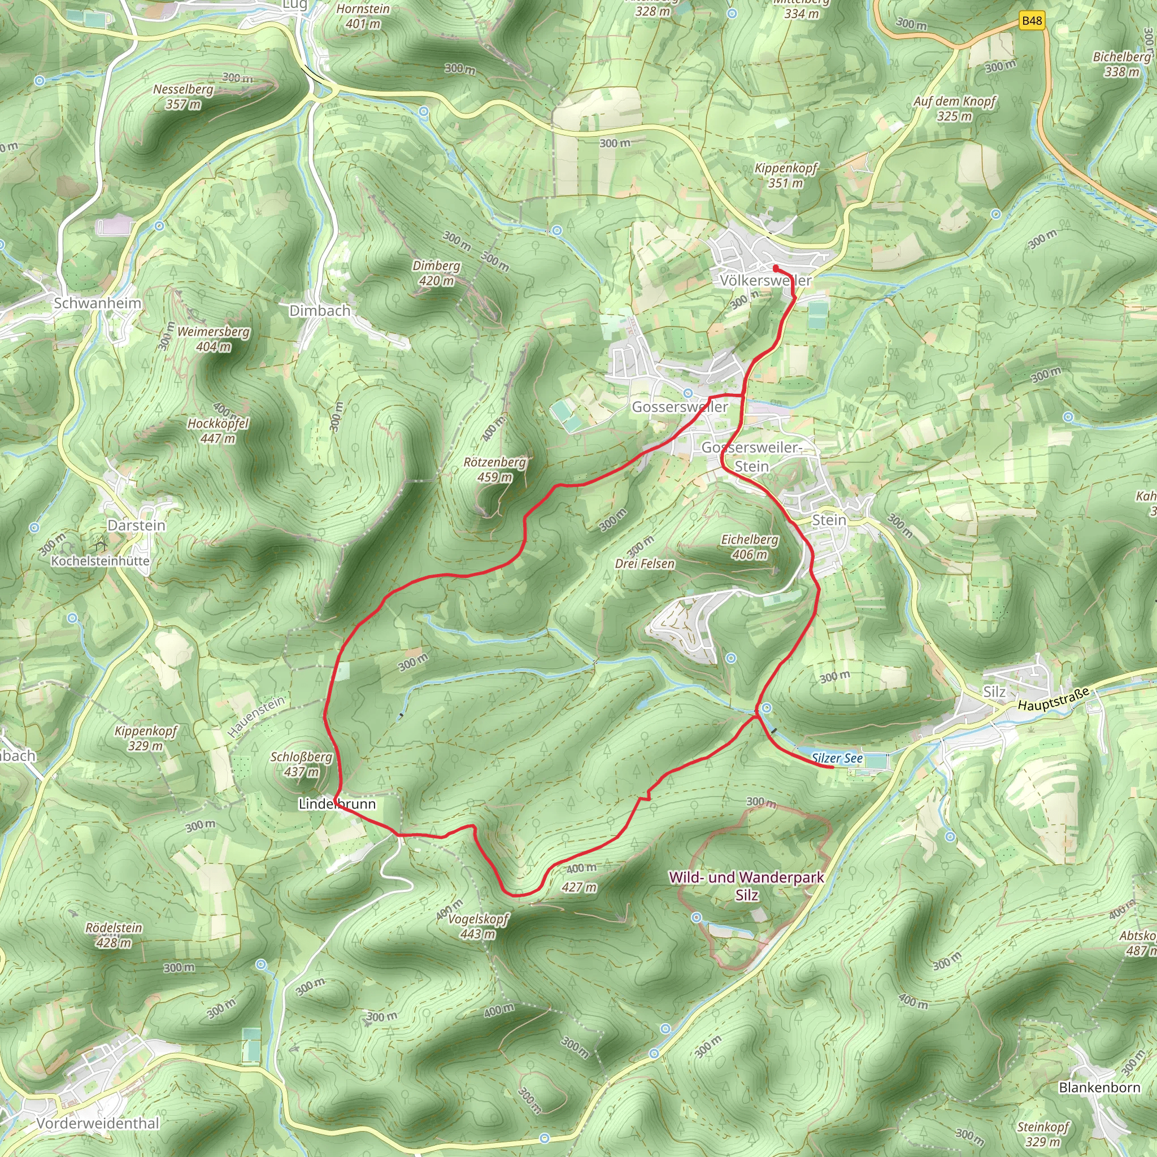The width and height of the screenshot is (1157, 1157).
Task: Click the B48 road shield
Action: tap(1031, 21)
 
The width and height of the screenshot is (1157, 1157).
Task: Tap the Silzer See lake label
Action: tap(837, 758)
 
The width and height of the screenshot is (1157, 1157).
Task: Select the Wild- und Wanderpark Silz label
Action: tap(746, 886)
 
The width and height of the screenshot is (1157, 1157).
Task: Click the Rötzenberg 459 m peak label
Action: tap(495, 469)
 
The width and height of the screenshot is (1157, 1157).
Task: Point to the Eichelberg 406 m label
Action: tap(749, 547)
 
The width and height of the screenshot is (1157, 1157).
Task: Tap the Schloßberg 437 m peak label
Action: tap(301, 764)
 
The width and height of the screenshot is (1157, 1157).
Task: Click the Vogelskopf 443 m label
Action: tap(479, 927)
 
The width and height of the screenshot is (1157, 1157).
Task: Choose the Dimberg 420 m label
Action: tap(437, 273)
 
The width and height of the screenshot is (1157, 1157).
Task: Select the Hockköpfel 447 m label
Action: tap(218, 430)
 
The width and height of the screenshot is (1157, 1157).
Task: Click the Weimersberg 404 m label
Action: tap(214, 339)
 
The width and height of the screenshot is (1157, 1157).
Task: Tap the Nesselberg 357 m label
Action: tap(183, 97)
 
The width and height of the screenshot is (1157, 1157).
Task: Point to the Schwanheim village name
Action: tap(98, 303)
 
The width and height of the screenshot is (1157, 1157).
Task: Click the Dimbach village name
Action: tap(320, 311)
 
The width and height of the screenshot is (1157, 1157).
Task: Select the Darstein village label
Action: tap(137, 525)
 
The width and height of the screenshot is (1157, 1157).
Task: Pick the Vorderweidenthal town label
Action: tap(98, 1123)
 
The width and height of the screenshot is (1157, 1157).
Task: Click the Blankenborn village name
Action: tap(1099, 1087)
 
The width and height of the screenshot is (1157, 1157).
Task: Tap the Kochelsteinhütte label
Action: tap(101, 561)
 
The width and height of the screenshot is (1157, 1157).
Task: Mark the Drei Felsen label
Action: tap(645, 563)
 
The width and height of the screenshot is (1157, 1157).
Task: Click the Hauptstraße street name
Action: tap(1054, 700)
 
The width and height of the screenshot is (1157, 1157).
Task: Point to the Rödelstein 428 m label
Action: tap(114, 935)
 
